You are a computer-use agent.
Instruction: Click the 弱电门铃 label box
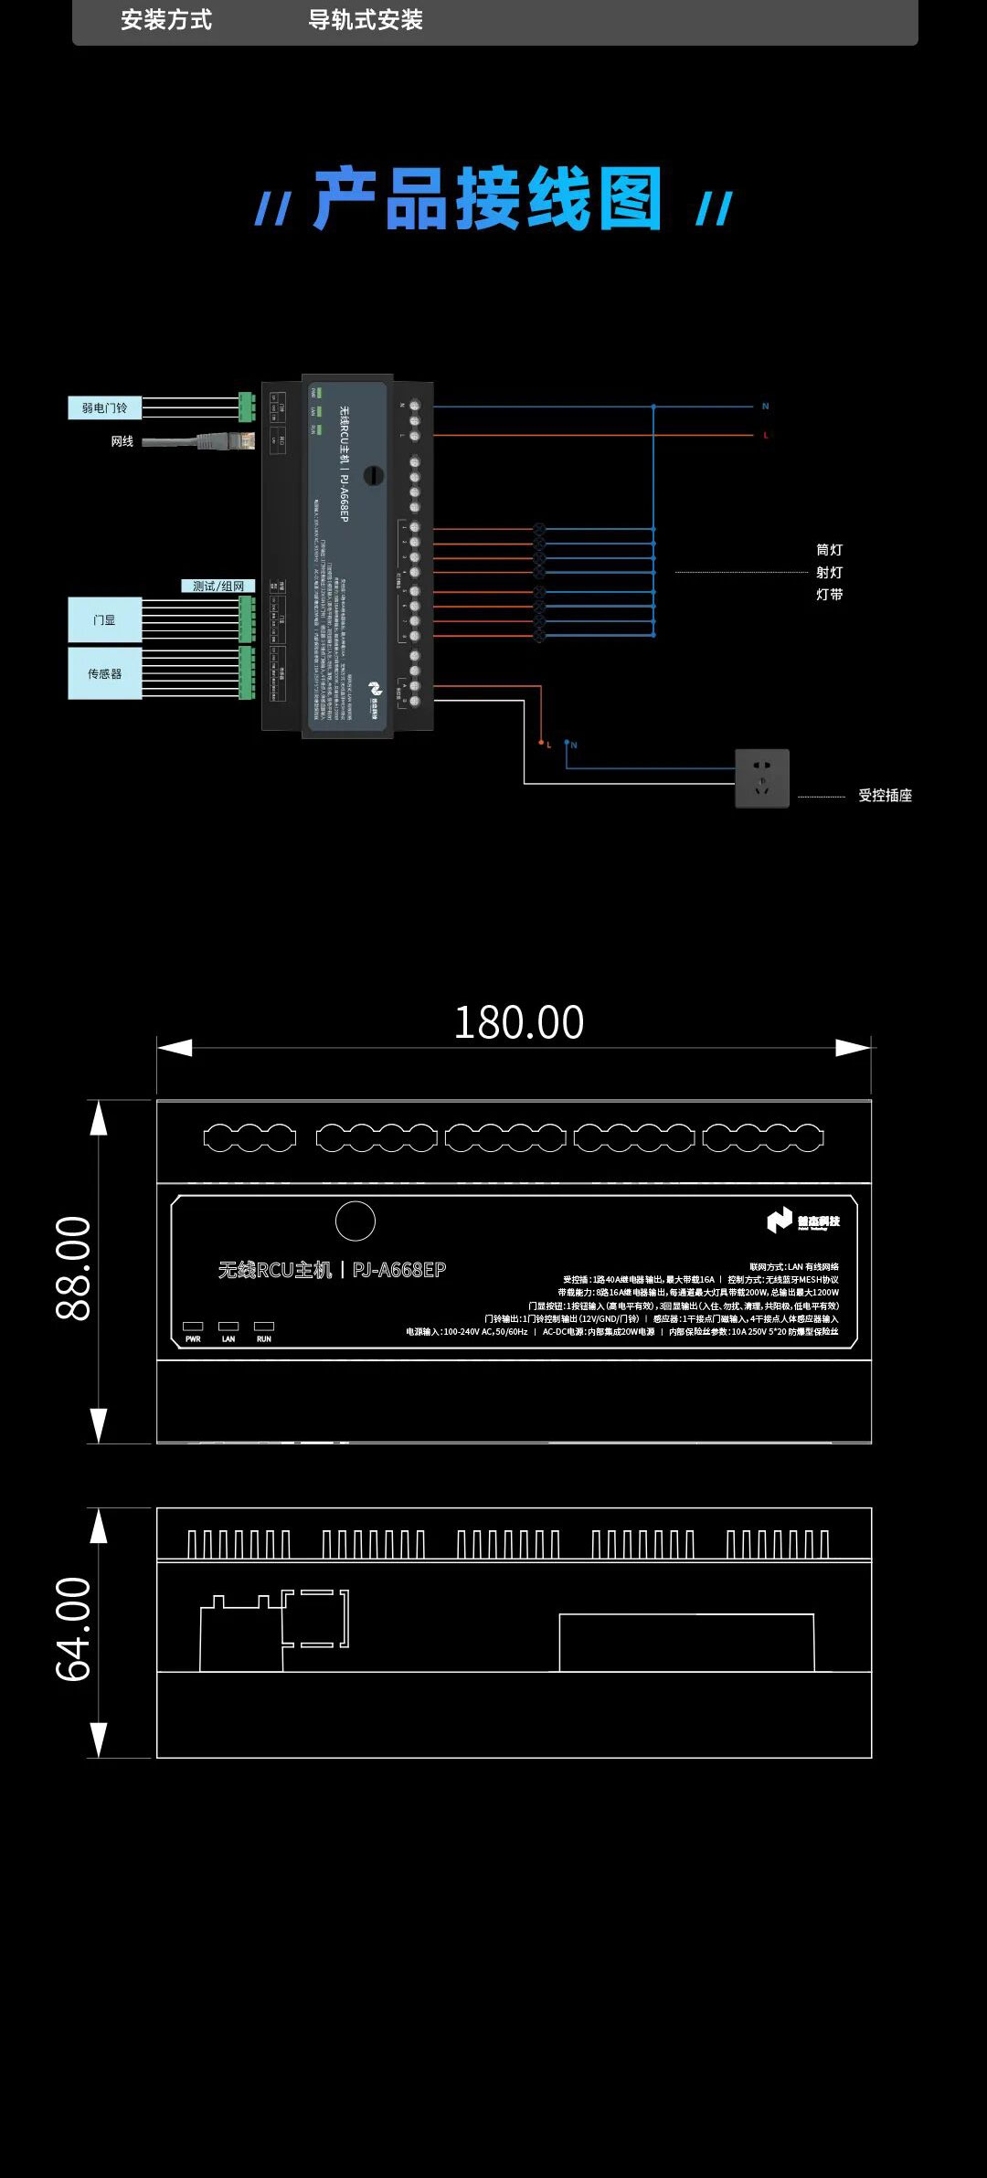click(x=104, y=407)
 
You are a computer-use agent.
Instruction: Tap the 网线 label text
click(x=122, y=441)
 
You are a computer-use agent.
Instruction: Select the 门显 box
click(x=104, y=620)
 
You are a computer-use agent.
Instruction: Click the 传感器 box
click(x=104, y=674)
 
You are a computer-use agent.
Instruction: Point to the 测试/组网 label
click(x=218, y=587)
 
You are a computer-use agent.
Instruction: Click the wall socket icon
click(x=761, y=778)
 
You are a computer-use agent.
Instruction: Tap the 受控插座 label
click(x=885, y=796)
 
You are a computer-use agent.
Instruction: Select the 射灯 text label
click(x=829, y=573)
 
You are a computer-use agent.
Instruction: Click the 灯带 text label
click(x=829, y=595)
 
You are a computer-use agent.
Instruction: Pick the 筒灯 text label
click(x=829, y=550)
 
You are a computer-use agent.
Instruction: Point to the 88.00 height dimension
click(x=74, y=1268)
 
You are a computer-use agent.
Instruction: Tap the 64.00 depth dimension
click(x=74, y=1629)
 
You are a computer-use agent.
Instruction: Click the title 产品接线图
click(x=487, y=199)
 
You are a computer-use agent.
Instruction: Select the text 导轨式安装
click(x=366, y=20)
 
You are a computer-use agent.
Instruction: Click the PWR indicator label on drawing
click(x=193, y=1339)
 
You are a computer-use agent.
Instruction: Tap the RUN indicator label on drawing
click(x=264, y=1339)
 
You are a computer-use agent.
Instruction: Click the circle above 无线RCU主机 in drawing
click(x=355, y=1221)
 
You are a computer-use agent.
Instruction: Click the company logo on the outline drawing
click(x=802, y=1221)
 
